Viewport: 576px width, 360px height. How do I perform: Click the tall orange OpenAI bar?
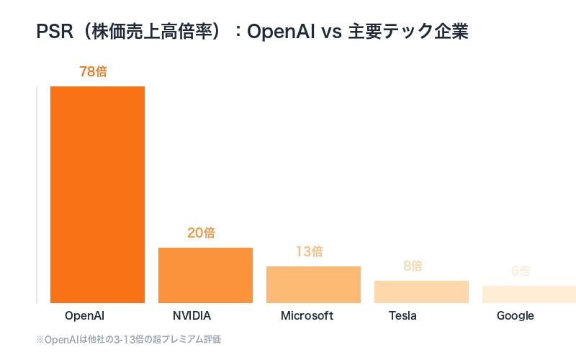(x=97, y=194)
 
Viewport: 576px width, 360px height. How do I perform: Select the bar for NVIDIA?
(x=205, y=275)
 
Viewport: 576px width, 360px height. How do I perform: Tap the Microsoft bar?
(x=313, y=284)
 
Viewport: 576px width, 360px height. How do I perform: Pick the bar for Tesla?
(x=421, y=292)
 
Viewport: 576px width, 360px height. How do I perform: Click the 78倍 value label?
(x=97, y=72)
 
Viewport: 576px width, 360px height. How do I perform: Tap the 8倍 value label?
(x=413, y=266)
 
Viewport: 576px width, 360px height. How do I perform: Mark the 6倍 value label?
(x=521, y=271)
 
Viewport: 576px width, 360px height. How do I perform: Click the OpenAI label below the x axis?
(x=85, y=315)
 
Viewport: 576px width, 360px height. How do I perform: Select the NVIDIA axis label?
(x=192, y=315)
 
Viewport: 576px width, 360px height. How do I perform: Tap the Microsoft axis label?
(x=307, y=315)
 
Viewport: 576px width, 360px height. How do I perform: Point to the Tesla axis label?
(x=402, y=315)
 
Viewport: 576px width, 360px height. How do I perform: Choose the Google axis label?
(x=516, y=315)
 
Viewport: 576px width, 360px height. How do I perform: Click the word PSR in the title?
(x=52, y=32)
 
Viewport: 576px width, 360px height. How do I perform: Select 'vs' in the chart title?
(x=328, y=32)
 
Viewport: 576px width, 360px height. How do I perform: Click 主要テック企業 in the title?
(x=408, y=32)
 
